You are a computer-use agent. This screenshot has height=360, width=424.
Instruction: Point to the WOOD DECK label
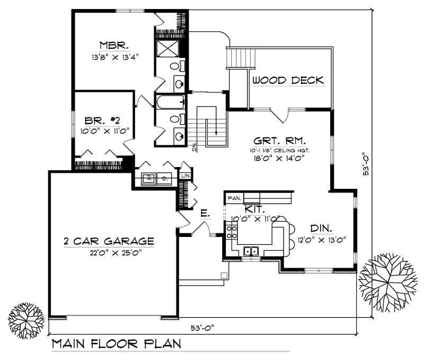pos(288,81)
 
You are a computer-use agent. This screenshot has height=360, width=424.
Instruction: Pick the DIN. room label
pos(321,229)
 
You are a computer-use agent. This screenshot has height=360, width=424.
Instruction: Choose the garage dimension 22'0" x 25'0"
pos(115,252)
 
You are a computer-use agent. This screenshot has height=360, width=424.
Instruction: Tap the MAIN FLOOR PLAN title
pos(116,343)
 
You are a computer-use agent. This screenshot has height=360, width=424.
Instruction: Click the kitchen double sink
pos(250,251)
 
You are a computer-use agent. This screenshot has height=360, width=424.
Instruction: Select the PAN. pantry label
pos(234,198)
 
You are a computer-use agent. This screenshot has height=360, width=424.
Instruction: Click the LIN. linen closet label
pos(186,175)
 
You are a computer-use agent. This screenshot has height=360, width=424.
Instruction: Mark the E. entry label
pos(204,214)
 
